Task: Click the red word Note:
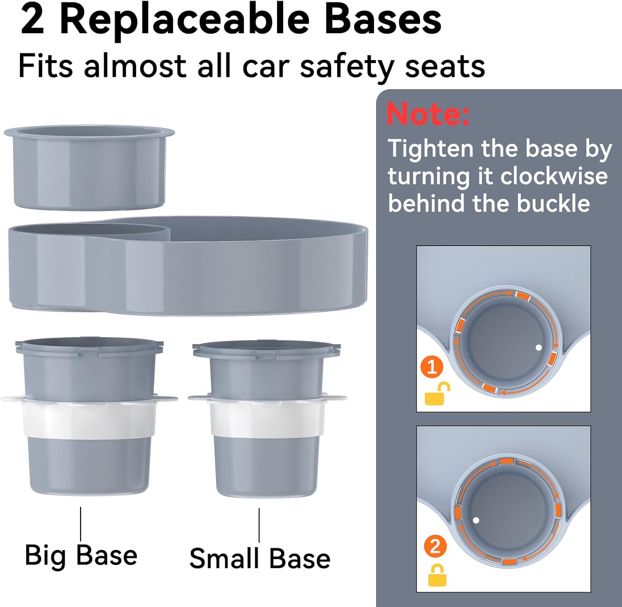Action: point(428,113)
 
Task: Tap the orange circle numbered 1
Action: point(432,367)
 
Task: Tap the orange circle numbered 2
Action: point(435,547)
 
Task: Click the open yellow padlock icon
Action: point(437,393)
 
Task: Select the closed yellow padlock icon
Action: point(437,575)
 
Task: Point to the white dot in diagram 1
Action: point(539,348)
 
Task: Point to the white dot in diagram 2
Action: point(476,520)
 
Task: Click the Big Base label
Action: point(81,556)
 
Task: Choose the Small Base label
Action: point(260,558)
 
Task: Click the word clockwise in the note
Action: point(554,176)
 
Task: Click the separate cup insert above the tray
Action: point(89,167)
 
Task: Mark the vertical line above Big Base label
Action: point(80,524)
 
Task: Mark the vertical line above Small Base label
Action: point(260,525)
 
